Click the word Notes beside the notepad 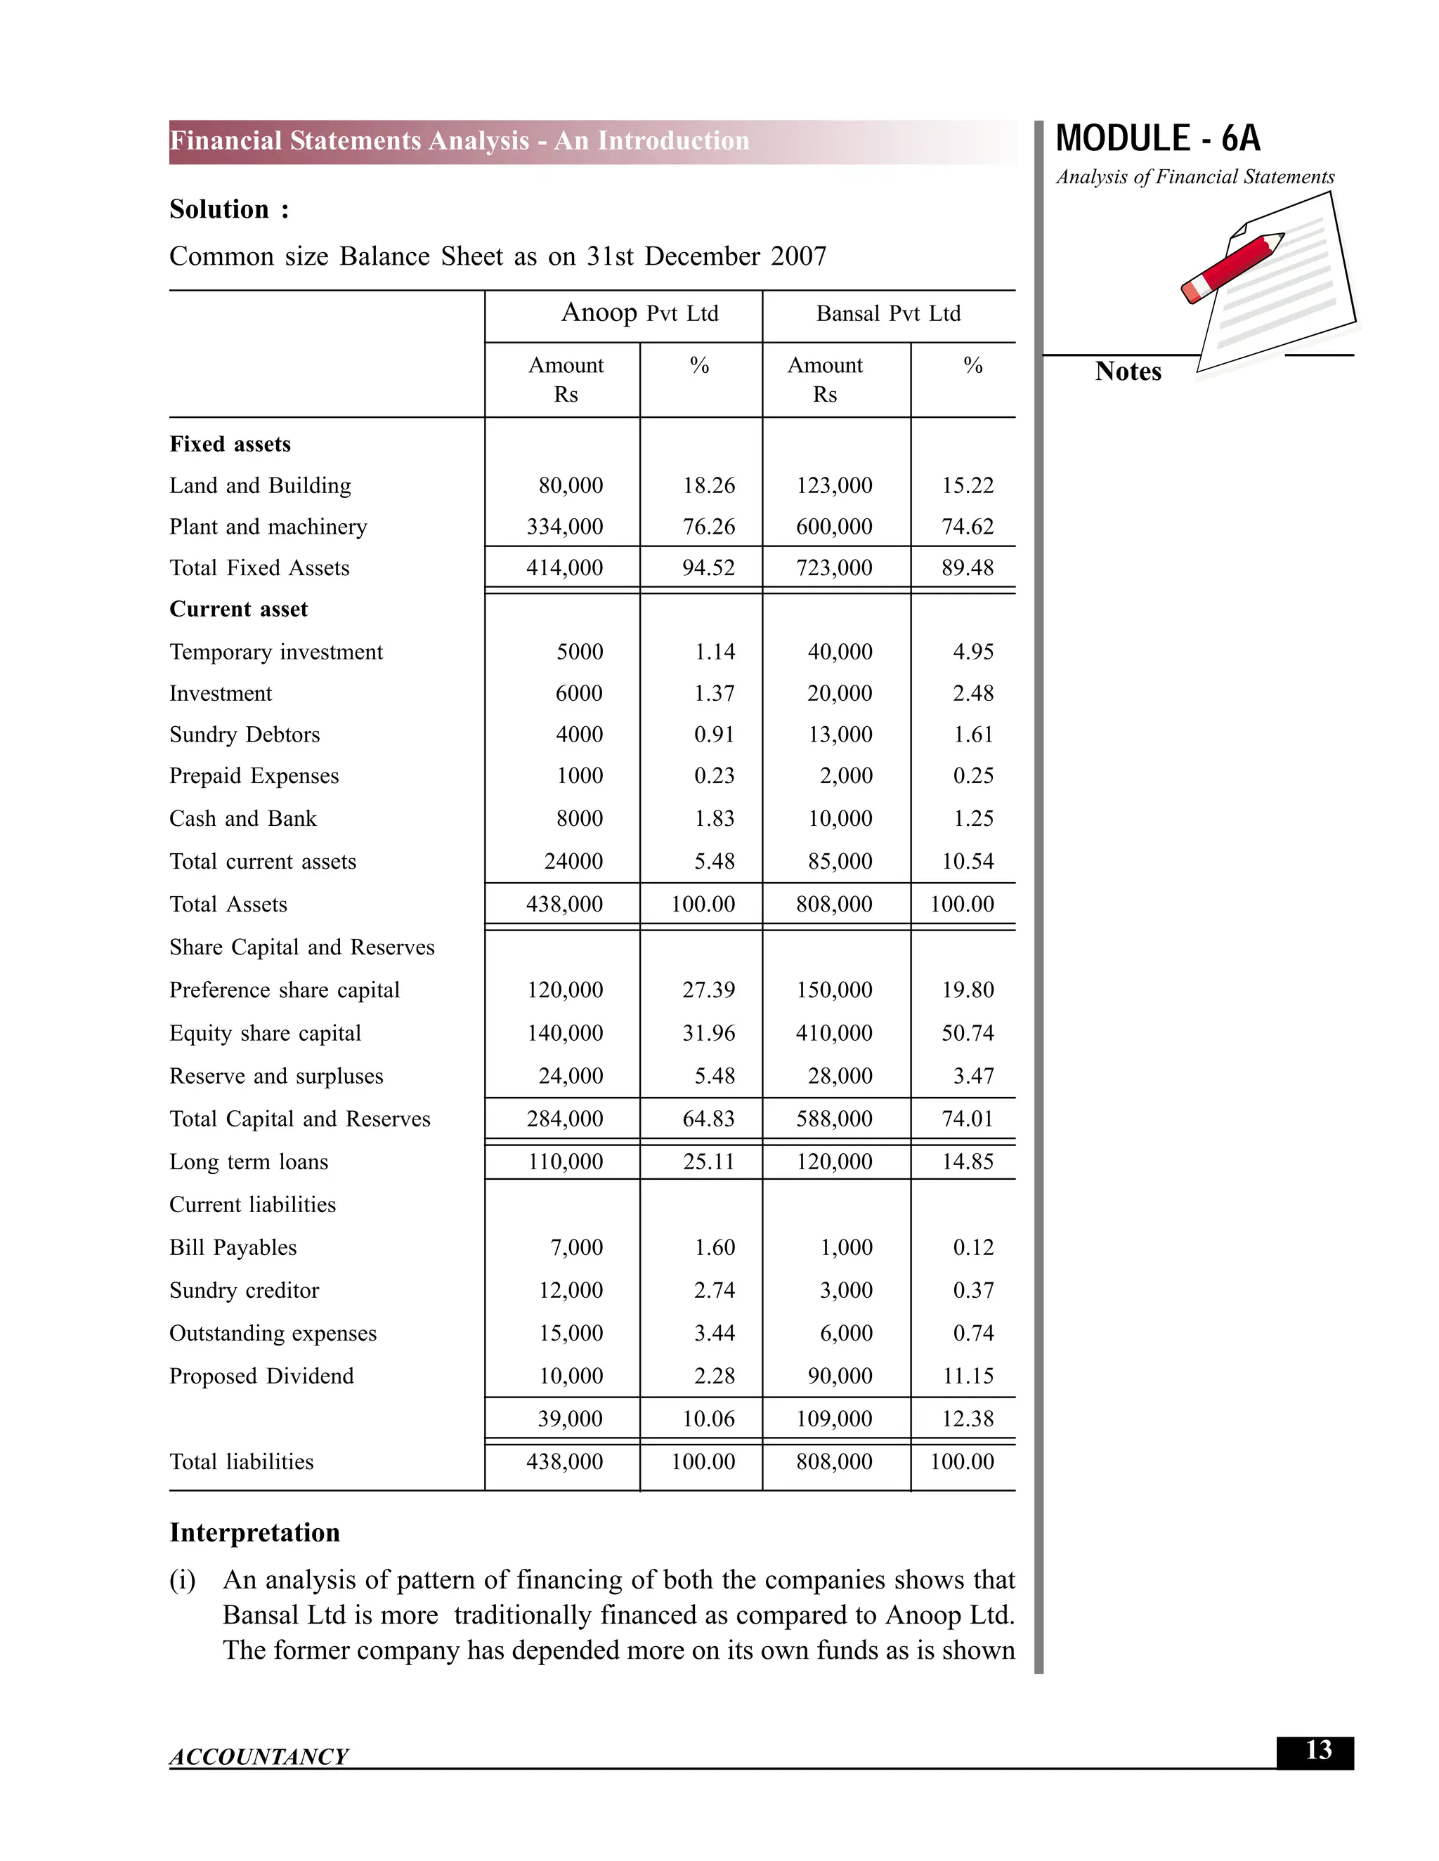pos(1127,371)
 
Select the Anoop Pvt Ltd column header pos(639,314)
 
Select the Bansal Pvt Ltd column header pos(887,314)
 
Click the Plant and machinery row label pos(268,527)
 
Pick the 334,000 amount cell pos(564,527)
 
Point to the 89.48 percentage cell pos(967,567)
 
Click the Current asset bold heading pos(238,610)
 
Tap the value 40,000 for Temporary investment pos(840,652)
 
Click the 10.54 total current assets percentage pos(967,862)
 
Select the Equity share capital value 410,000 pos(834,1033)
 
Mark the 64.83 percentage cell pos(708,1119)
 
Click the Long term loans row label pos(248,1162)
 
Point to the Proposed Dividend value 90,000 pos(840,1376)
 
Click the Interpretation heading pos(254,1532)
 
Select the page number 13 pos(1317,1750)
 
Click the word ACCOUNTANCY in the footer pos(259,1757)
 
